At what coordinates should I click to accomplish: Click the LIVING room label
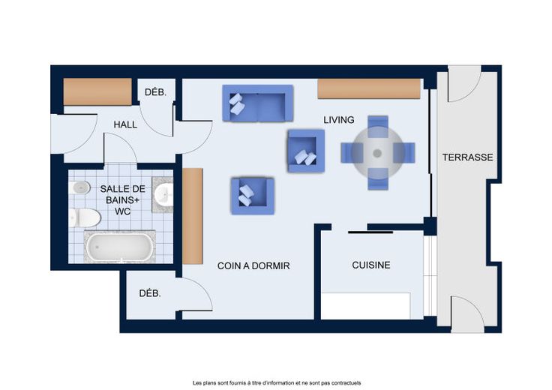(339, 120)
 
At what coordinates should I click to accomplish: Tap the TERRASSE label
(467, 157)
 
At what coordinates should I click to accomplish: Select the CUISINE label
(371, 265)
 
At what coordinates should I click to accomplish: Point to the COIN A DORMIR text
(253, 265)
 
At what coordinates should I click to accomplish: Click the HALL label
(125, 124)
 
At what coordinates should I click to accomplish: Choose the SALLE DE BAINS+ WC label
(122, 200)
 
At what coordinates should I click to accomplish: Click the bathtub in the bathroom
(120, 247)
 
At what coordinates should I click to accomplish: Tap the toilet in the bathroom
(85, 218)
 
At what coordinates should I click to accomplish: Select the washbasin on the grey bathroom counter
(164, 194)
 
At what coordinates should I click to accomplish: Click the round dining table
(377, 153)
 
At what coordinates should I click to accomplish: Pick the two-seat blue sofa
(258, 103)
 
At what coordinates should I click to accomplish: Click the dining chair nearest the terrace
(404, 153)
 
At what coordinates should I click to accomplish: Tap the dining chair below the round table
(378, 178)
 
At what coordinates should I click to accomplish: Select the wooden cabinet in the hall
(97, 91)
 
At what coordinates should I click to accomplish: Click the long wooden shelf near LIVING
(369, 88)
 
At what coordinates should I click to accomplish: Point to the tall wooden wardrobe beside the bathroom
(193, 216)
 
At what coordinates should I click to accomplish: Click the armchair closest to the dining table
(306, 151)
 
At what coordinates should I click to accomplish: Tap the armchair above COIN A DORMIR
(253, 196)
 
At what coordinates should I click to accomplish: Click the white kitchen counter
(366, 306)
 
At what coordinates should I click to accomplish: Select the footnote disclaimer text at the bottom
(277, 383)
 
